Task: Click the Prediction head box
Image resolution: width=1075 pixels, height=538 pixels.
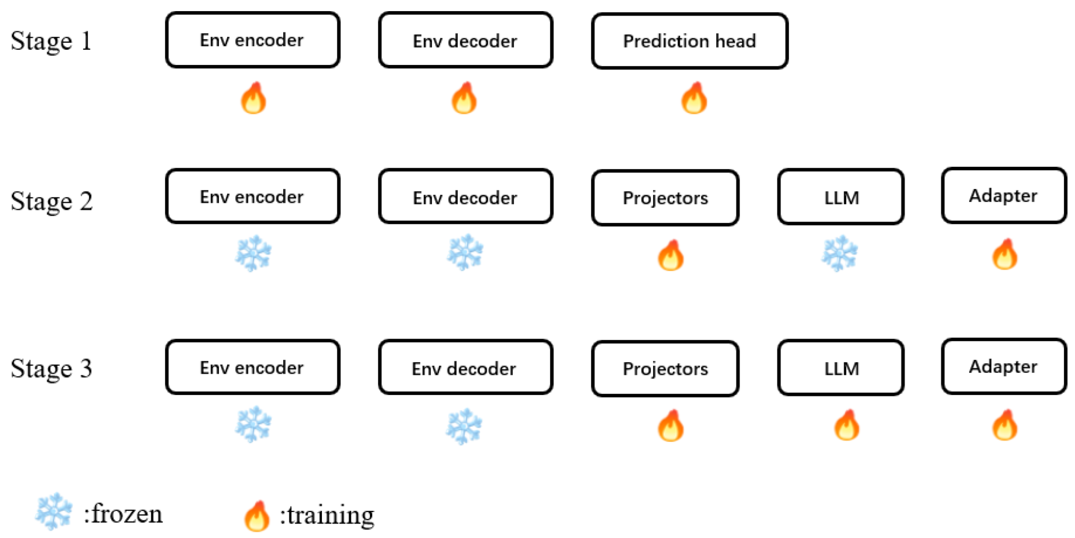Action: click(x=689, y=41)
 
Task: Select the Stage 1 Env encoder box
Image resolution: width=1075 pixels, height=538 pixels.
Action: click(x=252, y=40)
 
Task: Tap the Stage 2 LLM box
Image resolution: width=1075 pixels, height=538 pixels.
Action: click(x=841, y=197)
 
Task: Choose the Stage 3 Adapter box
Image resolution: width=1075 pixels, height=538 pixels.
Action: click(x=1003, y=367)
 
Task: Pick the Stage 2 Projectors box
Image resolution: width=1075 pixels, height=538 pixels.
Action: click(x=665, y=198)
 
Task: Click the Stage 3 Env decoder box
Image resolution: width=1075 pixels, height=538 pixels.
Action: click(x=465, y=367)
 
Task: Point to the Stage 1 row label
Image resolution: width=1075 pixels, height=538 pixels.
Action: click(x=51, y=41)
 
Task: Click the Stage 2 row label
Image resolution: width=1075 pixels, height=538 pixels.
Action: click(x=52, y=201)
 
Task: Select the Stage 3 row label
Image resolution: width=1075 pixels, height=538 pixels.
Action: click(x=52, y=368)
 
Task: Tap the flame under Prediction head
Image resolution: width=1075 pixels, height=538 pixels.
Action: click(x=694, y=98)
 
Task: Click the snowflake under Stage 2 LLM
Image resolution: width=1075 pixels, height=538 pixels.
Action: click(x=839, y=254)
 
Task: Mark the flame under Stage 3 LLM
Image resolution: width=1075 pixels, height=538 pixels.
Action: click(x=846, y=425)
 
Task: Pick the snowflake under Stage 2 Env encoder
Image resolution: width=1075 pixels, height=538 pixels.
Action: click(x=253, y=254)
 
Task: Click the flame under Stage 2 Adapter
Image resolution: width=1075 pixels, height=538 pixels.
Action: click(x=1004, y=255)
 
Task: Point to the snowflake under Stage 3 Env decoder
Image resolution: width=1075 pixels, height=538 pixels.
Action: click(x=464, y=426)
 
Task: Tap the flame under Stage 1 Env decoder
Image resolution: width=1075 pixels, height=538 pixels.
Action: click(x=464, y=98)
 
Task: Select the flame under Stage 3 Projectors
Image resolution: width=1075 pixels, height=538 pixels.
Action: click(x=670, y=426)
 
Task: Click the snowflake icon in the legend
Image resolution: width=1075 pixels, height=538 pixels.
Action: click(x=54, y=511)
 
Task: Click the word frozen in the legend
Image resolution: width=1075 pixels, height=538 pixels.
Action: click(x=125, y=514)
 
